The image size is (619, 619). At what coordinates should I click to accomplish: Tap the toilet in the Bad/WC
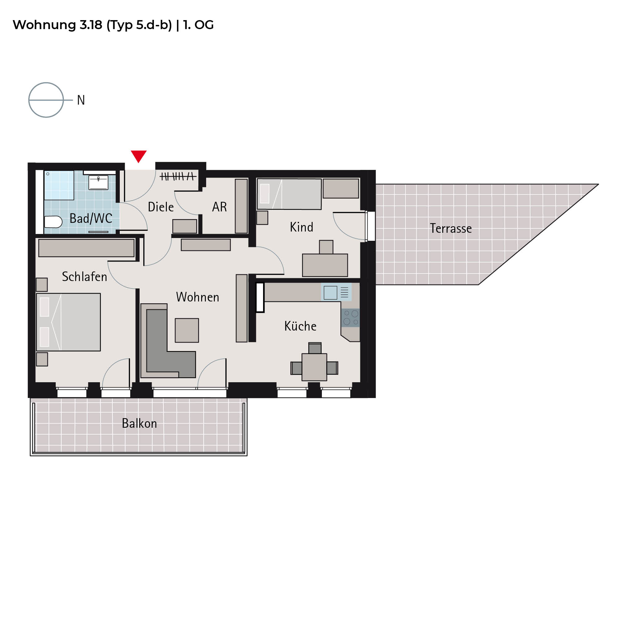point(53,222)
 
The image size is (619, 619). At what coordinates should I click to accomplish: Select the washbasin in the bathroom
point(98,182)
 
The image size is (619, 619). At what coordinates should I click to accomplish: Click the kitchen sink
point(330,292)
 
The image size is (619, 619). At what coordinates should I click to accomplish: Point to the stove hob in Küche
point(351,318)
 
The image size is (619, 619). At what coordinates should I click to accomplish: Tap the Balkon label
point(139,424)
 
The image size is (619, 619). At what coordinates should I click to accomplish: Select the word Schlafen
point(84,276)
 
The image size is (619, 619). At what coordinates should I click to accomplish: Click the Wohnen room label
point(198,297)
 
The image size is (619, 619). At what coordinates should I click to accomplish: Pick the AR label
point(219,207)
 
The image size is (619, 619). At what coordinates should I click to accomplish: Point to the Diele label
point(161,207)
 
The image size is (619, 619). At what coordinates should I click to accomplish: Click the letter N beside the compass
point(81,100)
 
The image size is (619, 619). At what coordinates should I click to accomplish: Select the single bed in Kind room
point(289,194)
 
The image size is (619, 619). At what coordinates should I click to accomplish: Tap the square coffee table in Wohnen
point(187,330)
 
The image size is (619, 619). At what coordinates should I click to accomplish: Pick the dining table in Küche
point(314,367)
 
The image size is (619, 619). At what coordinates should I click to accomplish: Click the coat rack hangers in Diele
point(178,176)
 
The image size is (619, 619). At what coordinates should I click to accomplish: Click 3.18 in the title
point(91,25)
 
